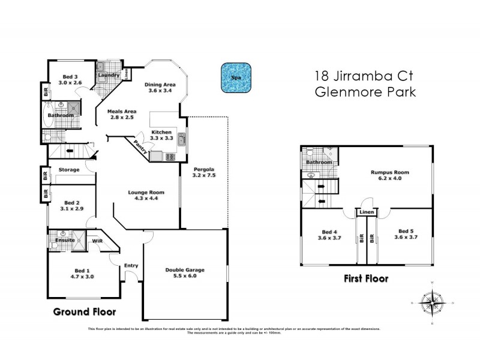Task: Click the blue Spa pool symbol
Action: tap(236, 78)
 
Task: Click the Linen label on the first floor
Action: tap(367, 212)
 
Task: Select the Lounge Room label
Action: tap(146, 193)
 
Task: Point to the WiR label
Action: tap(97, 241)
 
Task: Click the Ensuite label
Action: tap(65, 241)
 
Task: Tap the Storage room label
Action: tap(69, 170)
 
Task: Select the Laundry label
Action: tap(109, 76)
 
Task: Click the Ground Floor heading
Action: tap(84, 311)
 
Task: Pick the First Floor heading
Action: tap(365, 278)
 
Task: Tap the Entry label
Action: tap(131, 266)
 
